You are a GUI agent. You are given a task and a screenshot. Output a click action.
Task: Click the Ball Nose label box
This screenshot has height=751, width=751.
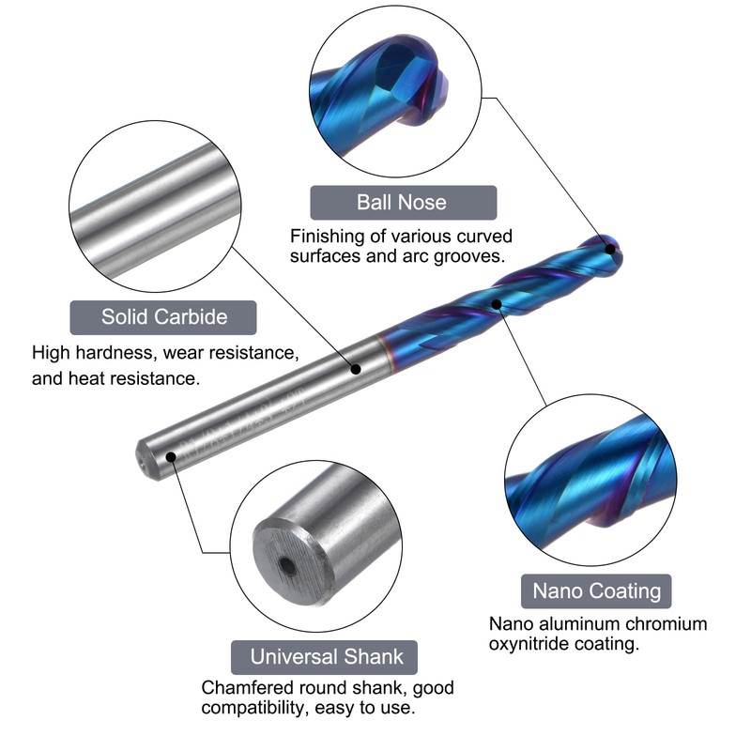(404, 203)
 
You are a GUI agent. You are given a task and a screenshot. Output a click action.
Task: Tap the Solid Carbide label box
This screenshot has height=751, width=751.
(163, 317)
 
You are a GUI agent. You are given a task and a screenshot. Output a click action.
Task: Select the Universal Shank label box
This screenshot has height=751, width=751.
(324, 657)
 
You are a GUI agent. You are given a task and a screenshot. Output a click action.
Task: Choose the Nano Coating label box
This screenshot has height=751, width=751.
(596, 591)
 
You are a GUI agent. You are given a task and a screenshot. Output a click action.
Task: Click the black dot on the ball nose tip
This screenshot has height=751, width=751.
(610, 249)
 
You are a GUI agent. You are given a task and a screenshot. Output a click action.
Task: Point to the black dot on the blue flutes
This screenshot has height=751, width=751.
(497, 304)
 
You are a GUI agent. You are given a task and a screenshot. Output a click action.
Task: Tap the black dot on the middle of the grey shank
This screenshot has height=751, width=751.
(356, 369)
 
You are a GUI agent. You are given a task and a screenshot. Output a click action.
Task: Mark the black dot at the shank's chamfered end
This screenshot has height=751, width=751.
(171, 456)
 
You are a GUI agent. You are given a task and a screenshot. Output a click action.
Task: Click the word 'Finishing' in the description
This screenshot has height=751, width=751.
(324, 238)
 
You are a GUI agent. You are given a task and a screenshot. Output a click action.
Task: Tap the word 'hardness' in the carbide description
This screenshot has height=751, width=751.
(113, 353)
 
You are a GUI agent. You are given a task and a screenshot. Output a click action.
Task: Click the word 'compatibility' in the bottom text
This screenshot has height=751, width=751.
(253, 708)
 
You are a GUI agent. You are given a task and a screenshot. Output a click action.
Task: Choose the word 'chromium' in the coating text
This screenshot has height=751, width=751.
(669, 624)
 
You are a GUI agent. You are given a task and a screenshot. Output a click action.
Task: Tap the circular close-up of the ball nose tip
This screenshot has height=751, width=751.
(395, 91)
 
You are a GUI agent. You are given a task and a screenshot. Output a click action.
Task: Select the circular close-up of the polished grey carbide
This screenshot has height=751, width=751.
(155, 207)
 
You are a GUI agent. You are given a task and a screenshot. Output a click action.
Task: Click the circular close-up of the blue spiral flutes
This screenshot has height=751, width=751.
(591, 480)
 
